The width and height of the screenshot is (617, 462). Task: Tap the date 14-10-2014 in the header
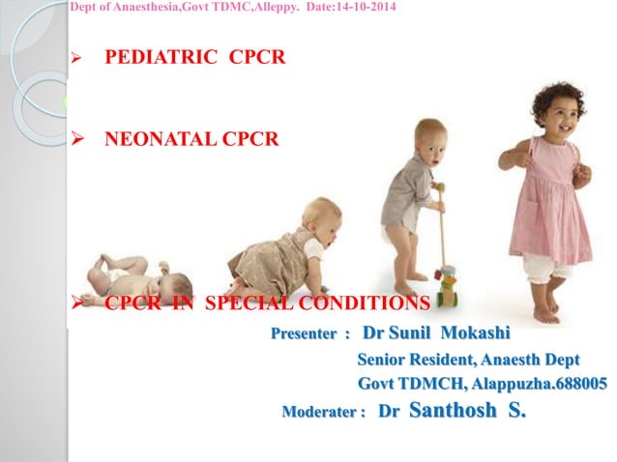tap(365, 7)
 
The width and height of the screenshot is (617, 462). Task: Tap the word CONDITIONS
tap(362, 304)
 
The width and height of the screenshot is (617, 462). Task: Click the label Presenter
tap(303, 335)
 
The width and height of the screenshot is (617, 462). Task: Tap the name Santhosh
tap(455, 410)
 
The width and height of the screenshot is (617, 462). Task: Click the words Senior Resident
tap(413, 360)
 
